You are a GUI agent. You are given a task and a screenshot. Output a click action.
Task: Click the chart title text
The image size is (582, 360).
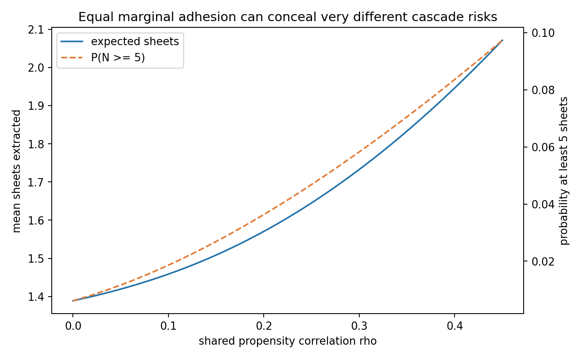288,17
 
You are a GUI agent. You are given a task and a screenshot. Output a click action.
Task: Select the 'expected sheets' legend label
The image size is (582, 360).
135,41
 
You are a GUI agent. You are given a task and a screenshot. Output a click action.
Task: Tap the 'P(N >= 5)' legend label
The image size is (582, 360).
118,58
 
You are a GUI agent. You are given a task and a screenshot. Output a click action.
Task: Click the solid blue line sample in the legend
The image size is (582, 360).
72,41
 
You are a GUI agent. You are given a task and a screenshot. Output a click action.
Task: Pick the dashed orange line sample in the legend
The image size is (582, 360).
72,58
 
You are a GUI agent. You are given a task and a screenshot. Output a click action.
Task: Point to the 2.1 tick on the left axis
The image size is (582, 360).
36,30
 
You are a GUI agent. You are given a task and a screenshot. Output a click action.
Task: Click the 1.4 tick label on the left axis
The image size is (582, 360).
36,297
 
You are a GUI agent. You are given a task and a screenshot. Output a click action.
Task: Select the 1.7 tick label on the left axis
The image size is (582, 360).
36,182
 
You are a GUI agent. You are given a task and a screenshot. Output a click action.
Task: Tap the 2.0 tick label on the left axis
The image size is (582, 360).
36,68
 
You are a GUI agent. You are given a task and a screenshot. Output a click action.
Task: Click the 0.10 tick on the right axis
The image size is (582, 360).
543,33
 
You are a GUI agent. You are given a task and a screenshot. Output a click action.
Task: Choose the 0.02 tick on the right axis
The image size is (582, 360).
543,261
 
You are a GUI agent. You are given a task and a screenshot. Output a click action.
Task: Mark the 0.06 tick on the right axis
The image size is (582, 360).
543,147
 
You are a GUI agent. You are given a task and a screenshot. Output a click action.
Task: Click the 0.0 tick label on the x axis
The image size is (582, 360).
73,326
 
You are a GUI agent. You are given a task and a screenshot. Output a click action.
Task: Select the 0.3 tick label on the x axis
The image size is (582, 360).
359,326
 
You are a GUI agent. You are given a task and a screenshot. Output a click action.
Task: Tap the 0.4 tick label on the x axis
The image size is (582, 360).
455,326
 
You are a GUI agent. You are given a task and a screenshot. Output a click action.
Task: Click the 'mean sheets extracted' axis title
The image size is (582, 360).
17,171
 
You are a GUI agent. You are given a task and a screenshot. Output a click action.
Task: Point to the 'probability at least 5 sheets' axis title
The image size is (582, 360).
564,171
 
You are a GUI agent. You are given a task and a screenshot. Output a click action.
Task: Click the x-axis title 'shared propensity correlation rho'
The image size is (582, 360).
288,341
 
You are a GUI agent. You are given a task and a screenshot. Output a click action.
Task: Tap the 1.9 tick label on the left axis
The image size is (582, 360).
36,106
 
